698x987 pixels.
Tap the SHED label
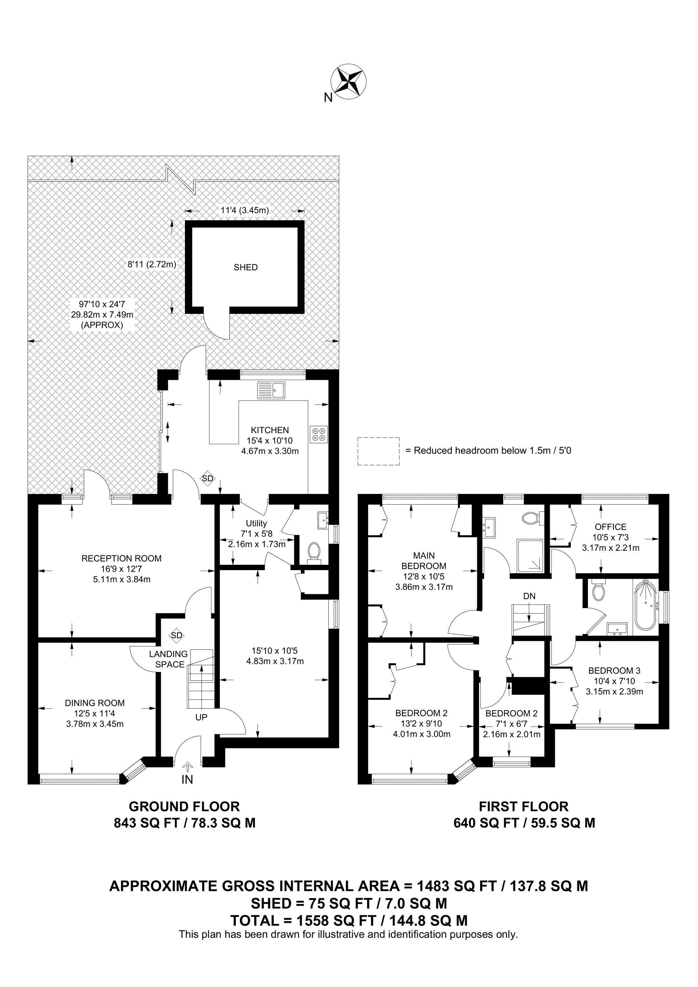(246, 267)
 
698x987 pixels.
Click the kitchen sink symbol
(271, 390)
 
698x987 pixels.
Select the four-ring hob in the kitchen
(318, 434)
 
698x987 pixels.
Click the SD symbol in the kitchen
(208, 478)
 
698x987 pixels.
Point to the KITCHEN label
(270, 430)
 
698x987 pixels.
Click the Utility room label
(256, 523)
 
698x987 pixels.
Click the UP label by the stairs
(201, 718)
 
